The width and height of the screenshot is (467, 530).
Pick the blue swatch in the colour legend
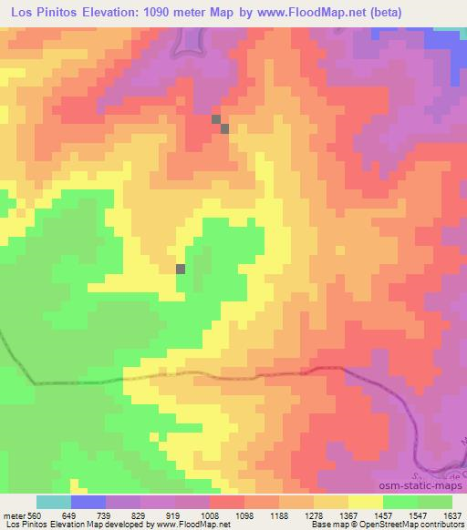pyautogui.click(x=88, y=502)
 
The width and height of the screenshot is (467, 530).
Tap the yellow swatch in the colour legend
pyautogui.click(x=365, y=502)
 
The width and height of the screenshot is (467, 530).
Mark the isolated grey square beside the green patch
pyautogui.click(x=181, y=269)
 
